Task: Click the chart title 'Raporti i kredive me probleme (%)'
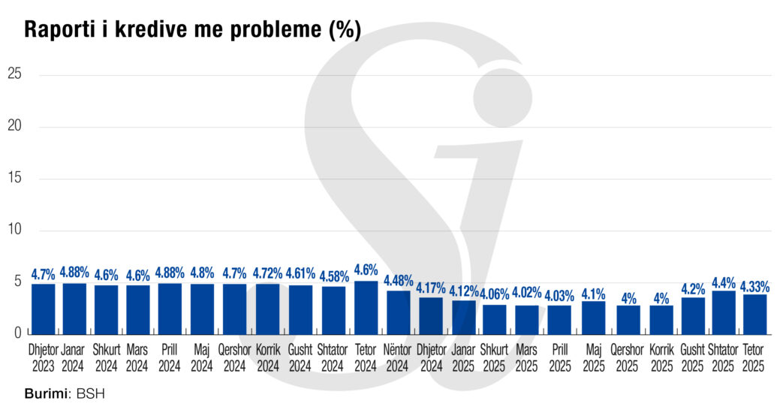(x=193, y=29)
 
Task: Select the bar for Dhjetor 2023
(x=43, y=308)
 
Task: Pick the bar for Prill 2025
(x=559, y=318)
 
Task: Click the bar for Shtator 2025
(x=723, y=312)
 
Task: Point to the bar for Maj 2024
(x=202, y=308)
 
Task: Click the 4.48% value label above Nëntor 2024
(x=398, y=281)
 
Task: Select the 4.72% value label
(x=267, y=273)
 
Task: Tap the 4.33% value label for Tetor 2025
(x=754, y=286)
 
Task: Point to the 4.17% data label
(x=431, y=288)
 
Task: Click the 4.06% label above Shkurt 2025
(x=495, y=293)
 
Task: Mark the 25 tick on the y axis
(x=14, y=74)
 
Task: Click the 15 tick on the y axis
(x=14, y=179)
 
